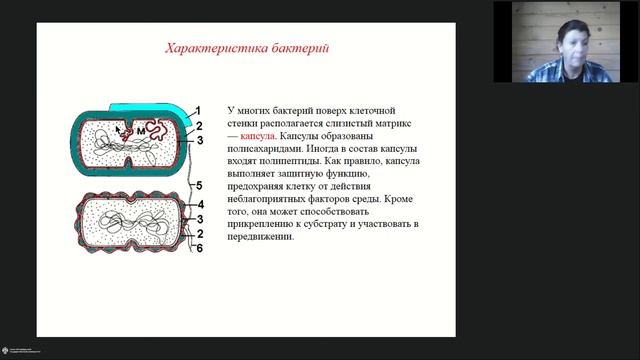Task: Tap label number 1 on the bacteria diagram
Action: pos(199,110)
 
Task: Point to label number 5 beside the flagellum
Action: pos(199,186)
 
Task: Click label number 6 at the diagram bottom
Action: pos(199,248)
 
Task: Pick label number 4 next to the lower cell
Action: pos(199,204)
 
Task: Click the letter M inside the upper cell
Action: pos(140,129)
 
